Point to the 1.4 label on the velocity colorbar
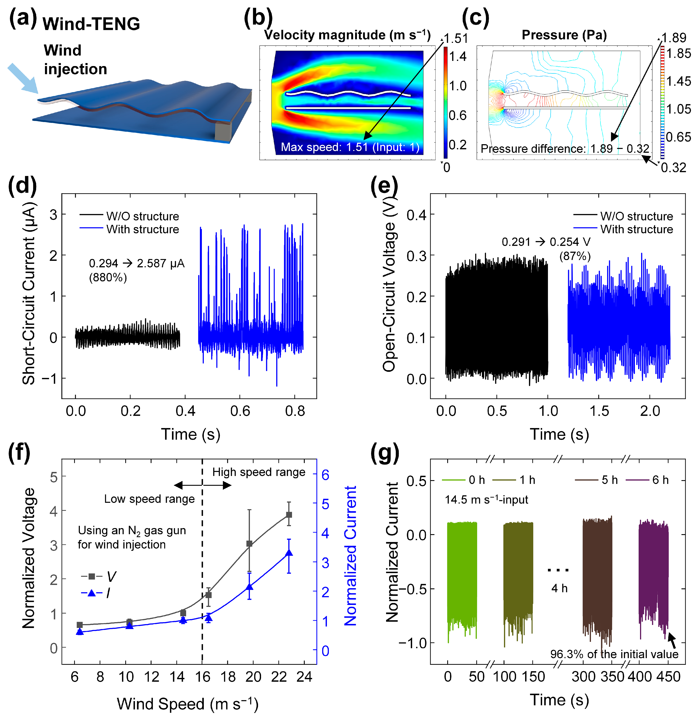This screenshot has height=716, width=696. tap(458, 57)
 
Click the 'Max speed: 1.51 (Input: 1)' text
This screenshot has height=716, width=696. tap(350, 147)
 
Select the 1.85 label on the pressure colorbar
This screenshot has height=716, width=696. tap(678, 54)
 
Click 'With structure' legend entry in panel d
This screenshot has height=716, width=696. tap(142, 230)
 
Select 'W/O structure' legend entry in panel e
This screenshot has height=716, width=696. tap(636, 216)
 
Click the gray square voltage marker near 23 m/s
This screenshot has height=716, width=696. tap(289, 515)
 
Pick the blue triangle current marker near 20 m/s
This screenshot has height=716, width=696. tap(249, 587)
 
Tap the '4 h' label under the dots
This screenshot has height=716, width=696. tap(559, 588)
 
